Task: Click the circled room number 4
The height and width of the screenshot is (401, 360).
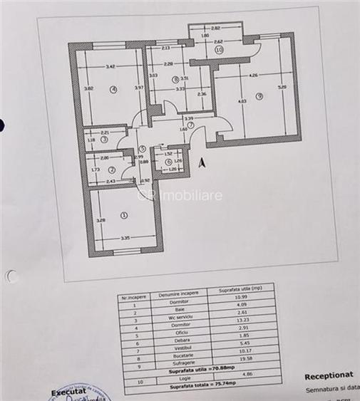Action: (x=113, y=90)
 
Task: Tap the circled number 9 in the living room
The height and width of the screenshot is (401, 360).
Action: (x=259, y=96)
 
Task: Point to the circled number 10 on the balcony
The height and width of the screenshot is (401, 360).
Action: (x=219, y=51)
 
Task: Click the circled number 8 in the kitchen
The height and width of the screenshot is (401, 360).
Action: (x=175, y=79)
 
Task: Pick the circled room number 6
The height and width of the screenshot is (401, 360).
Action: (x=168, y=162)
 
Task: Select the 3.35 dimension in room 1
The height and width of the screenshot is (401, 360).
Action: (x=124, y=239)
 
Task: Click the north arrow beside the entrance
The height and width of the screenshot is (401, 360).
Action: (x=202, y=162)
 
